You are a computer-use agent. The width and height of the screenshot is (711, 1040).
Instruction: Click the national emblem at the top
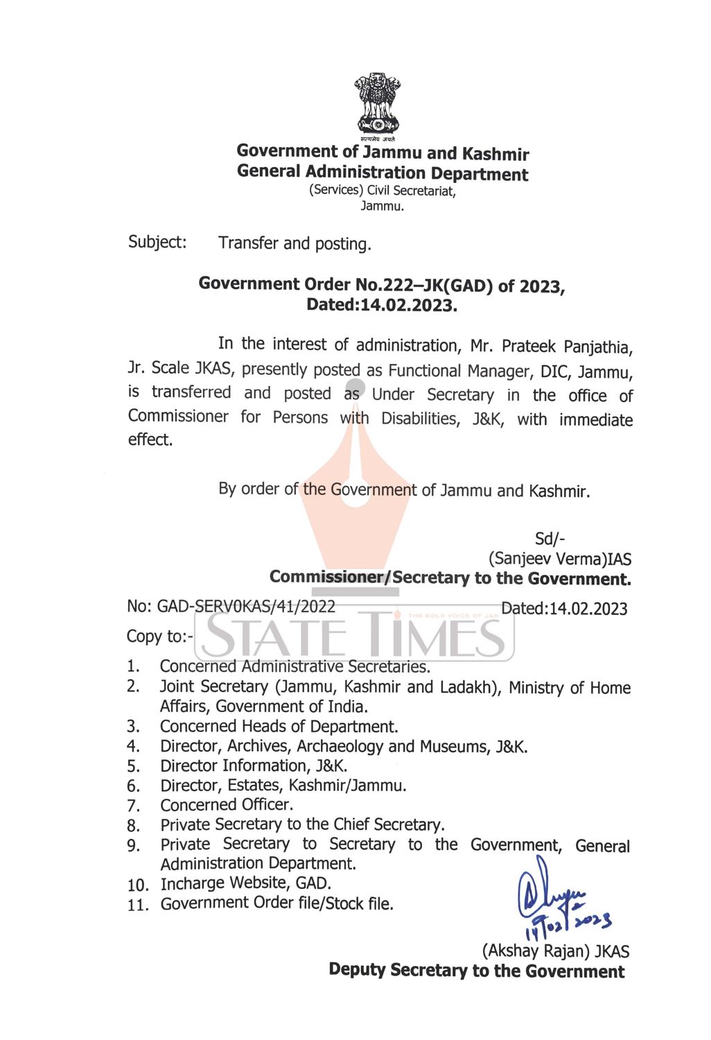(x=378, y=105)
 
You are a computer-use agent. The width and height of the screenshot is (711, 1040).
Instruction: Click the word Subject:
(x=157, y=242)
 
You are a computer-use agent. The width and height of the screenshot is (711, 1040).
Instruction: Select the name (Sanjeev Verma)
(x=547, y=559)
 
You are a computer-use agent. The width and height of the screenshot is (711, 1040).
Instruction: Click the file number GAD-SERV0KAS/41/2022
(x=246, y=607)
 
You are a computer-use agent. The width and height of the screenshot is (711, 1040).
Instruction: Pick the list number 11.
(x=138, y=905)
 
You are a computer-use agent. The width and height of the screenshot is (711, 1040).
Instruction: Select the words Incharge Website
(x=222, y=883)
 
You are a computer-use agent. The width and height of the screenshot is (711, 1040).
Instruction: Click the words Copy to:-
(x=160, y=636)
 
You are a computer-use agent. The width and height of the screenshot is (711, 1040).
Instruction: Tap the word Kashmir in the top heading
(x=495, y=154)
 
